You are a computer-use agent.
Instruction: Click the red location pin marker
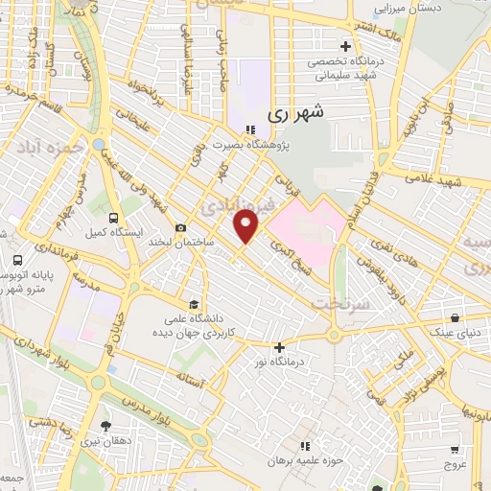pos(246,226)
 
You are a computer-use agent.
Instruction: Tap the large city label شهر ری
pos(292,112)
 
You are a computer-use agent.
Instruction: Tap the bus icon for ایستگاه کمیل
pos(114,218)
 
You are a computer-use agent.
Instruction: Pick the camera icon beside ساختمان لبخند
pos(180,227)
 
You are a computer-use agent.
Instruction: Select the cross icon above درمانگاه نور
pos(279,347)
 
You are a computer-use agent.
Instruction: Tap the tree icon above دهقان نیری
pos(105,425)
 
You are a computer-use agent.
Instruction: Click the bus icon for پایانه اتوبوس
pos(18,260)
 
